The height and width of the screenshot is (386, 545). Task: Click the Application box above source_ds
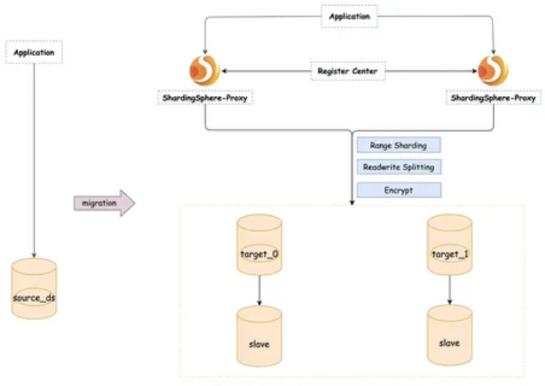click(34, 53)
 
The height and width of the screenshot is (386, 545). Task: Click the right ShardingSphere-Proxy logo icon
click(493, 71)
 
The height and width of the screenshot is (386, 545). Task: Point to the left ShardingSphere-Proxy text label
click(205, 97)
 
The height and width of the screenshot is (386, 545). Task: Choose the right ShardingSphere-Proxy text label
click(493, 97)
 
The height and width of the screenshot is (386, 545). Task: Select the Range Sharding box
click(398, 145)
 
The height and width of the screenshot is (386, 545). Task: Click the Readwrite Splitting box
click(398, 167)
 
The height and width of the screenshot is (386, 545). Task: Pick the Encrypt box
click(398, 190)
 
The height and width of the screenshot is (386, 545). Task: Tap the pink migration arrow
click(104, 204)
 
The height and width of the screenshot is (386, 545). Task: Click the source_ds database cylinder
click(34, 289)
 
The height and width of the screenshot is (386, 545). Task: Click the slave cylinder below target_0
click(259, 336)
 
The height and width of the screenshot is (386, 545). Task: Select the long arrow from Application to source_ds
click(34, 160)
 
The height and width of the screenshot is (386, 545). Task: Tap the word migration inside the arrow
click(100, 204)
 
